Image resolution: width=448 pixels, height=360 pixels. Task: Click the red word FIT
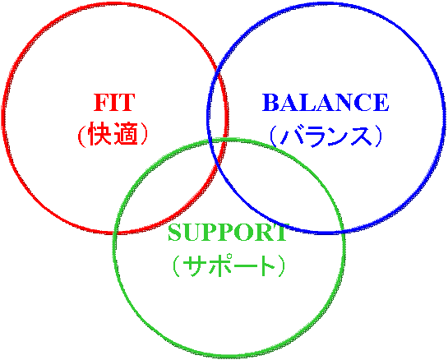[x=114, y=102]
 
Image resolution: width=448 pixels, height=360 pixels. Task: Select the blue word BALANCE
[x=326, y=102]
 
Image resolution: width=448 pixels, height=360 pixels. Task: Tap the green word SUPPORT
[x=228, y=233]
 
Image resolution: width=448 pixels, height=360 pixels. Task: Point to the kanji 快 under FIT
[x=99, y=134]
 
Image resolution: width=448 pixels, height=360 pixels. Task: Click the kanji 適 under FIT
[x=126, y=134]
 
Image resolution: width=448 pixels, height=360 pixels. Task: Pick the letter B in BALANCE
[x=271, y=102]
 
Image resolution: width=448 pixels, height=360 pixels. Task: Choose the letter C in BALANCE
[x=361, y=102]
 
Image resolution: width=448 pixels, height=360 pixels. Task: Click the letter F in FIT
[x=101, y=102]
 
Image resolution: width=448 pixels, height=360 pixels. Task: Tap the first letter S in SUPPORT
[x=175, y=233]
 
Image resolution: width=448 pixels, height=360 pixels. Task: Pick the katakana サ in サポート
[x=194, y=265]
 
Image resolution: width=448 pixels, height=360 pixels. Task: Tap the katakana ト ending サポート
[x=265, y=265]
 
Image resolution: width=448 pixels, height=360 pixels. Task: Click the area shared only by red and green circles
[x=172, y=194]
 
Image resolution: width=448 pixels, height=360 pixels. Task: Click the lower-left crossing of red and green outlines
[x=115, y=233]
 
